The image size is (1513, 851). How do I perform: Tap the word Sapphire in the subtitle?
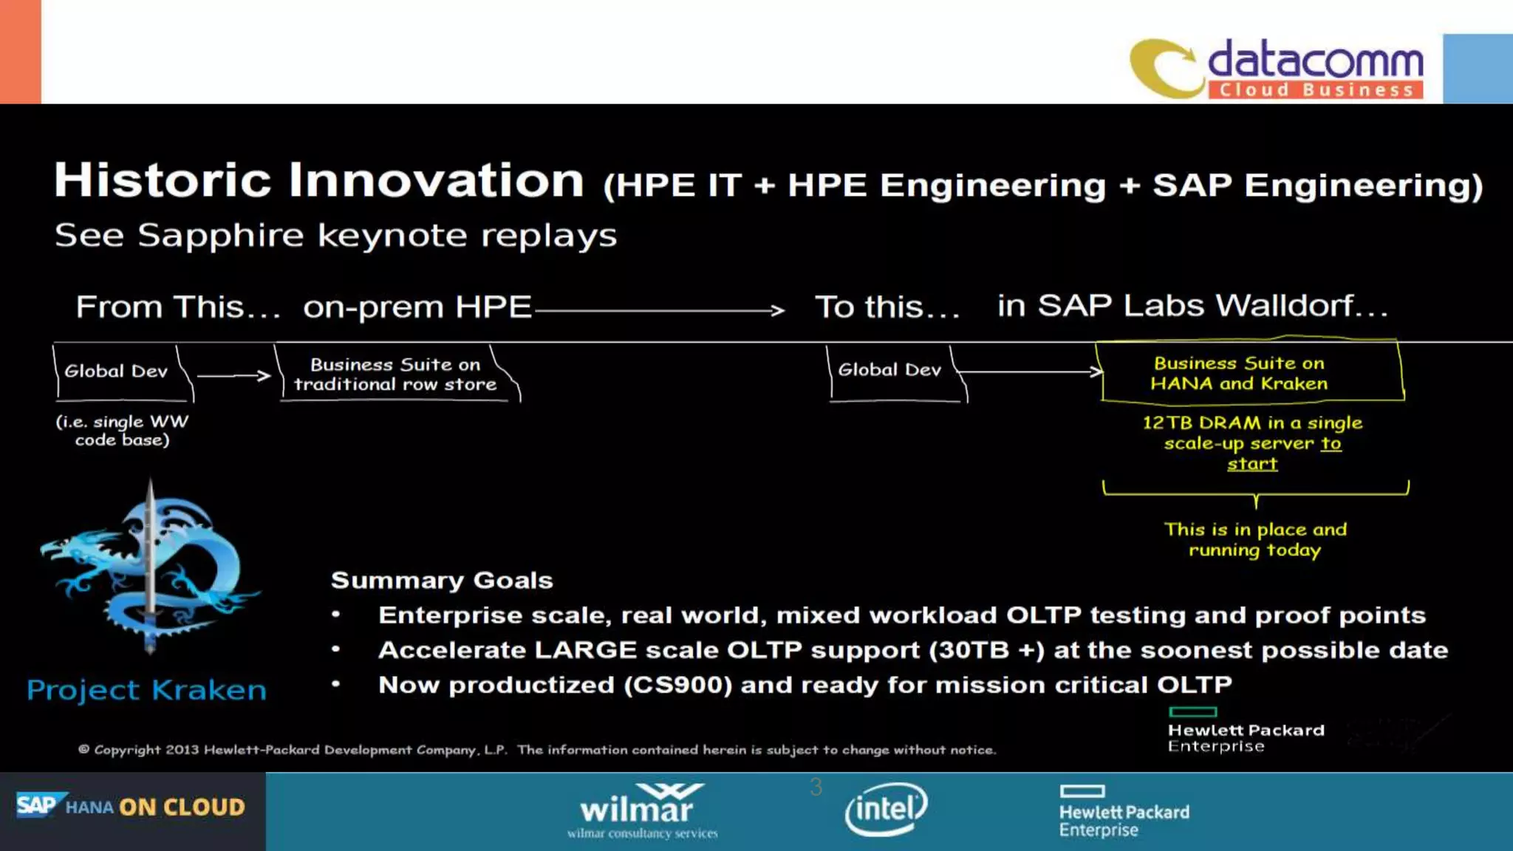[220, 236]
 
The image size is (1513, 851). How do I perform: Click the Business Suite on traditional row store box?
[395, 375]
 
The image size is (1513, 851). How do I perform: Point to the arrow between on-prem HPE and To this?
[658, 310]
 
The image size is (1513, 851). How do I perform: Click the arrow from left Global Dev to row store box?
[233, 375]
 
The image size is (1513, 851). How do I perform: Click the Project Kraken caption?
[146, 690]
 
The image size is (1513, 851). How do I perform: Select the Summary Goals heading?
[442, 581]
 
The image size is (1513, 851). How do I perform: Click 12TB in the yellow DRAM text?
[1164, 423]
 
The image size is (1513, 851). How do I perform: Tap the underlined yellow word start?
[1251, 464]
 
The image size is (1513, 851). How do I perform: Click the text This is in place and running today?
[1254, 539]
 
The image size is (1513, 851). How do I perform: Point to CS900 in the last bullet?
[677, 685]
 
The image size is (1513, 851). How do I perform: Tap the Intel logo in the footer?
[887, 810]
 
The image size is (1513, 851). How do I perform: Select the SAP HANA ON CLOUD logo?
[132, 807]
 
